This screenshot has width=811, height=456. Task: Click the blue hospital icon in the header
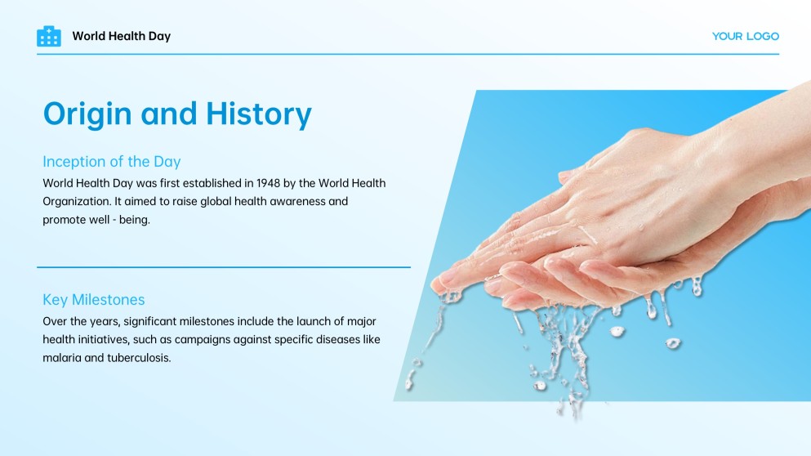click(x=49, y=36)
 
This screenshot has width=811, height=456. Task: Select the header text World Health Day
click(x=121, y=36)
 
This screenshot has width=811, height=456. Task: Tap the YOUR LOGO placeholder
click(x=745, y=36)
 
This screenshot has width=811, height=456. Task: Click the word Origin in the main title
click(x=87, y=114)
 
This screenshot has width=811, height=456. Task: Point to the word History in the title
click(x=258, y=114)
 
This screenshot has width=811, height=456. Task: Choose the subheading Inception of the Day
click(x=111, y=161)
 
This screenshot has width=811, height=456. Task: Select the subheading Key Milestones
click(x=93, y=300)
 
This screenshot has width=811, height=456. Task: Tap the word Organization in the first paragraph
click(x=77, y=201)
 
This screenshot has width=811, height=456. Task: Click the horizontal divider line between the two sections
click(x=223, y=266)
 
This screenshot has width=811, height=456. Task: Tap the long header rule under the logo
click(x=408, y=54)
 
